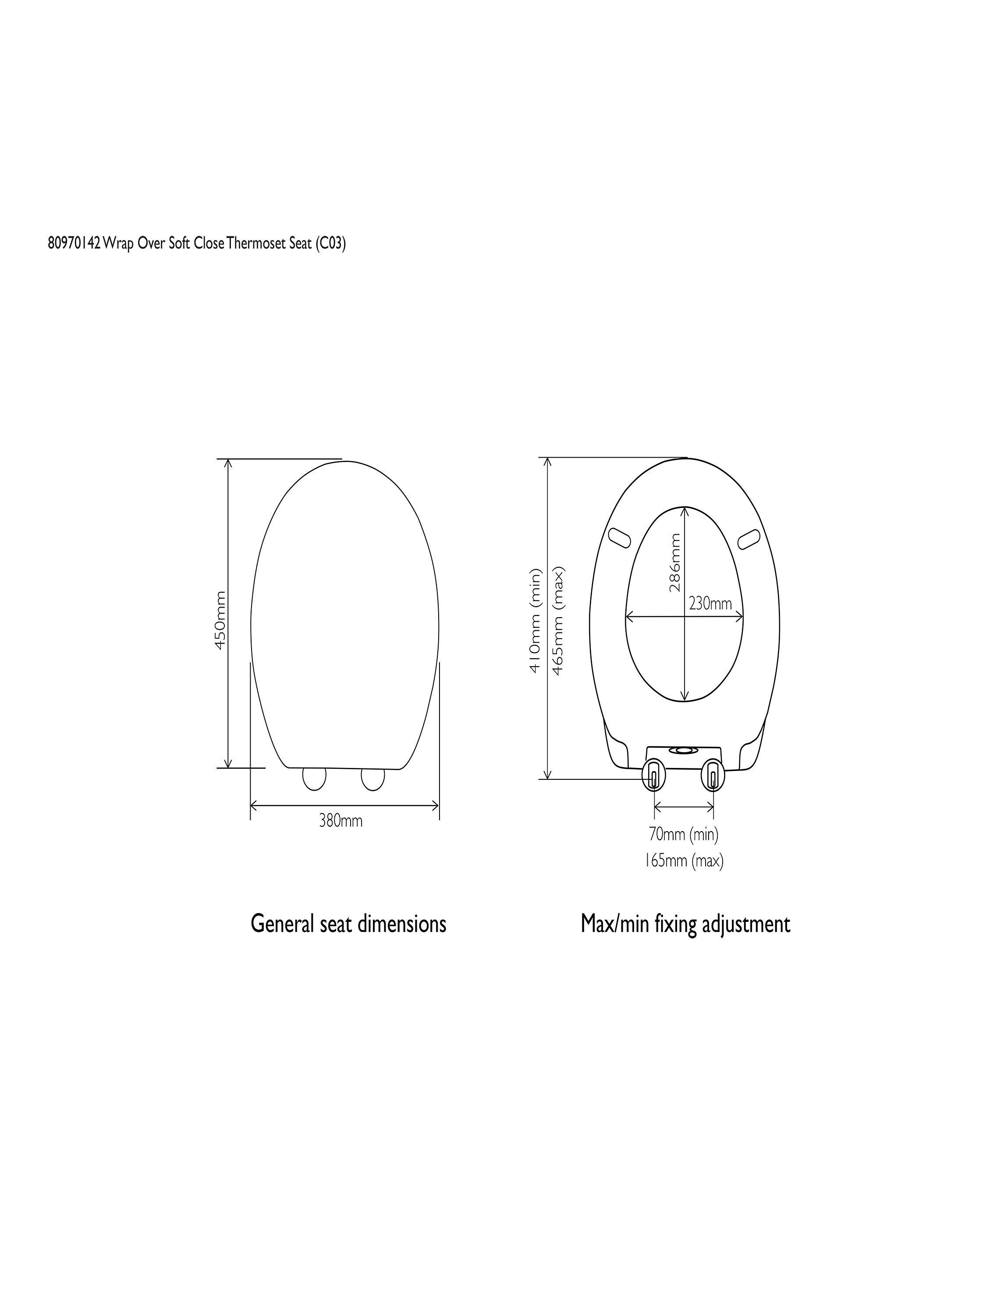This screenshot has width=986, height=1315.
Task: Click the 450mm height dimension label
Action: pyautogui.click(x=220, y=620)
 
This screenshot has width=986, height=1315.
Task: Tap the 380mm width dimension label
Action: pyautogui.click(x=340, y=821)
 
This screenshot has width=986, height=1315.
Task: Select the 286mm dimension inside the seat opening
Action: pyautogui.click(x=674, y=562)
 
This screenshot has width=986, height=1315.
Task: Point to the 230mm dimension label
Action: pyautogui.click(x=710, y=604)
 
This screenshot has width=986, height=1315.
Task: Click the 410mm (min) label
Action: pyautogui.click(x=536, y=621)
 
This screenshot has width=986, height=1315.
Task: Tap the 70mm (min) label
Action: pyautogui.click(x=684, y=835)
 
